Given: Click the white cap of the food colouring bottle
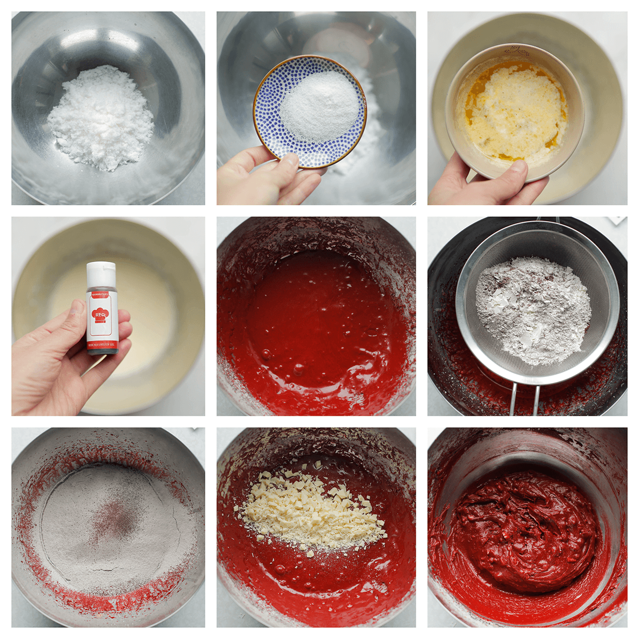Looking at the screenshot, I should (100, 274).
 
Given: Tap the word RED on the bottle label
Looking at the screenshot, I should (99, 315).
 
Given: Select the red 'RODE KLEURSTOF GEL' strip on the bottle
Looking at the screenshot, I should (101, 344).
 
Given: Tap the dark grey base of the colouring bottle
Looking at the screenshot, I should (102, 351).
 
